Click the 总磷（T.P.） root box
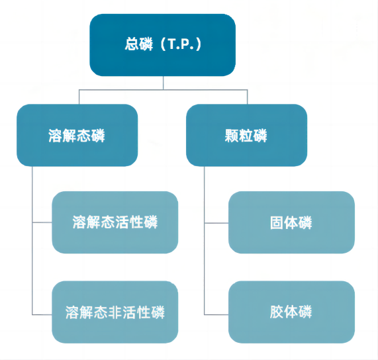pos(162,45)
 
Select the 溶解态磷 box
pos(77,135)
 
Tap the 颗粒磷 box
pos(247,135)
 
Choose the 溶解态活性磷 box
pos(115,222)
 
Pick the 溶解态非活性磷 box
pos(115,312)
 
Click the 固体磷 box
pos(291,222)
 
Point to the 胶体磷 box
pos(291,312)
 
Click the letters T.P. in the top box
pos(181,44)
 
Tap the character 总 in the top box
pos(131,44)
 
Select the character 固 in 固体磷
pos(277,222)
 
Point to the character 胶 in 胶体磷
pos(277,312)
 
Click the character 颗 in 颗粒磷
pos(232,136)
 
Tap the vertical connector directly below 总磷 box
pos(164,83)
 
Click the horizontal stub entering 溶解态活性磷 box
pos(42,222)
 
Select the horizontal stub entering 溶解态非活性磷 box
pos(42,315)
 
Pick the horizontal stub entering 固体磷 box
pos(216,223)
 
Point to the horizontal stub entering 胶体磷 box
pos(216,315)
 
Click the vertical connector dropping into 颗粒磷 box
pos(248,97)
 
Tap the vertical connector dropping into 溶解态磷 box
pos(79,97)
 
